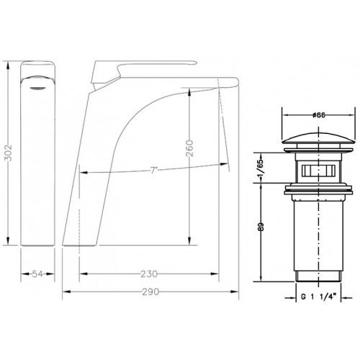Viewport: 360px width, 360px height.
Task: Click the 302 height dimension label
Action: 9,153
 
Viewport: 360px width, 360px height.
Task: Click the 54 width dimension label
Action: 37,274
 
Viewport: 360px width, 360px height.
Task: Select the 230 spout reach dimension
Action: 149,274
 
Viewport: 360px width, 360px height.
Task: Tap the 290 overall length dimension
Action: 150,292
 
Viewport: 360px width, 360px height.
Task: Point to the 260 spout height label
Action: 189,148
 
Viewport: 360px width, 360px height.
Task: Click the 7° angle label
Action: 153,171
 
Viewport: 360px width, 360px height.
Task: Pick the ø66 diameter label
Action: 319,115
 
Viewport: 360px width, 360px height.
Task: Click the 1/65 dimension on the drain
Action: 261,168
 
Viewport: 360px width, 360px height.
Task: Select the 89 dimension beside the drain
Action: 261,227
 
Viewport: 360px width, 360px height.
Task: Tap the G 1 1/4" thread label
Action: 318,297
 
